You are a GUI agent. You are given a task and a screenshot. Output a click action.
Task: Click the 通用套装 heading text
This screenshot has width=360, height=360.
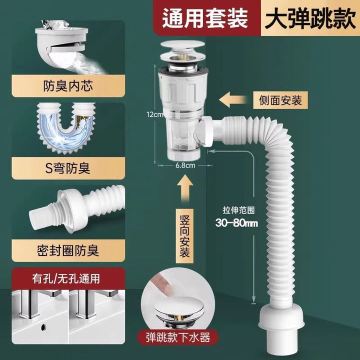pyautogui.click(x=205, y=18)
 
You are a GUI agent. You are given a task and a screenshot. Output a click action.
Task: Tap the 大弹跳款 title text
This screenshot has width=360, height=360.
pyautogui.click(x=310, y=18)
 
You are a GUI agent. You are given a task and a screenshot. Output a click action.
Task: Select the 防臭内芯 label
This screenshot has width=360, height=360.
pyautogui.click(x=68, y=86)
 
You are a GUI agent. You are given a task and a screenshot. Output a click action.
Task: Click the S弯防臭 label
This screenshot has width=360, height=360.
pyautogui.click(x=67, y=168)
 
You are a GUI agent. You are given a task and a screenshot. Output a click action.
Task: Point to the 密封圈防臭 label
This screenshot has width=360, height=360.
pyautogui.click(x=68, y=250)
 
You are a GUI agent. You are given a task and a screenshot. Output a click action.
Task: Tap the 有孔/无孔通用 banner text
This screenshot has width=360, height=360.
pyautogui.click(x=66, y=278)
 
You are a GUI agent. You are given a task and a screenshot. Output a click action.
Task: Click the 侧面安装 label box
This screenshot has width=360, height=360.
pyautogui.click(x=280, y=100)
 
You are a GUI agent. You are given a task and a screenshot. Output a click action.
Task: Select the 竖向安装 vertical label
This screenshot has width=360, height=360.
pyautogui.click(x=184, y=236)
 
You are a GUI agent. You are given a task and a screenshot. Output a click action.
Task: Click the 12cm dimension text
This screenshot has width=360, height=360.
pyautogui.click(x=154, y=114)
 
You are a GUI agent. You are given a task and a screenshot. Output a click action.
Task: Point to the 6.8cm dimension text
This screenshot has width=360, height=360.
pyautogui.click(x=185, y=165)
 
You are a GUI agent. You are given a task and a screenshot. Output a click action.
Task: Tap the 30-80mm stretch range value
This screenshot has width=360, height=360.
pyautogui.click(x=236, y=223)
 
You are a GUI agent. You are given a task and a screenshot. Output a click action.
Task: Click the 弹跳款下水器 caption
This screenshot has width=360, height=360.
pyautogui.click(x=178, y=337)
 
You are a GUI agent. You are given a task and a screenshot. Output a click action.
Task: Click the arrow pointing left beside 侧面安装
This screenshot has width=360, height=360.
pyautogui.click(x=233, y=99)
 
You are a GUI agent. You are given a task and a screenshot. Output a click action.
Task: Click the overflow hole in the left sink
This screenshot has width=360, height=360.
pyautogui.click(x=43, y=327)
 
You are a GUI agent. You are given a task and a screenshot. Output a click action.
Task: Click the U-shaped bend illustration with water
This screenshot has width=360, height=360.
pyautogui.click(x=66, y=128)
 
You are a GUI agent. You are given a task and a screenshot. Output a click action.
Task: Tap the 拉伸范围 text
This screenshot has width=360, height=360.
pyautogui.click(x=238, y=210)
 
